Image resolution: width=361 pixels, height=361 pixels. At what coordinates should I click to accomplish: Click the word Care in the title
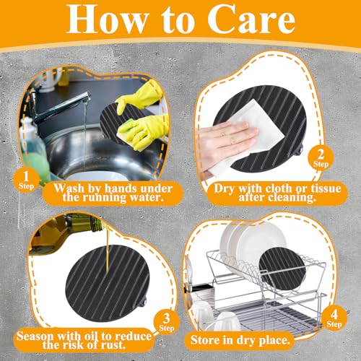click(x=251, y=19)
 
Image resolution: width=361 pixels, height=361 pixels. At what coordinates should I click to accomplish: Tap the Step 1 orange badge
click(x=26, y=180)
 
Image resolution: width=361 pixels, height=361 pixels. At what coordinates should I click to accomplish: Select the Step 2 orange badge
click(x=321, y=158)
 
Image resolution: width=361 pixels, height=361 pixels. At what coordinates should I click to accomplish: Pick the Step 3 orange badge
click(x=166, y=322)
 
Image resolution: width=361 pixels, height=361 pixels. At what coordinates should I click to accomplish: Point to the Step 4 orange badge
click(x=334, y=318)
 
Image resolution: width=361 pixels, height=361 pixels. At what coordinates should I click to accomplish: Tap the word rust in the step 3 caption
click(x=113, y=345)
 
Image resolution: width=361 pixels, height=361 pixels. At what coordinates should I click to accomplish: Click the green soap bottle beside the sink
click(x=36, y=154)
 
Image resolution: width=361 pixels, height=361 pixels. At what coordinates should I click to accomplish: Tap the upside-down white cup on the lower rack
click(x=227, y=321)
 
